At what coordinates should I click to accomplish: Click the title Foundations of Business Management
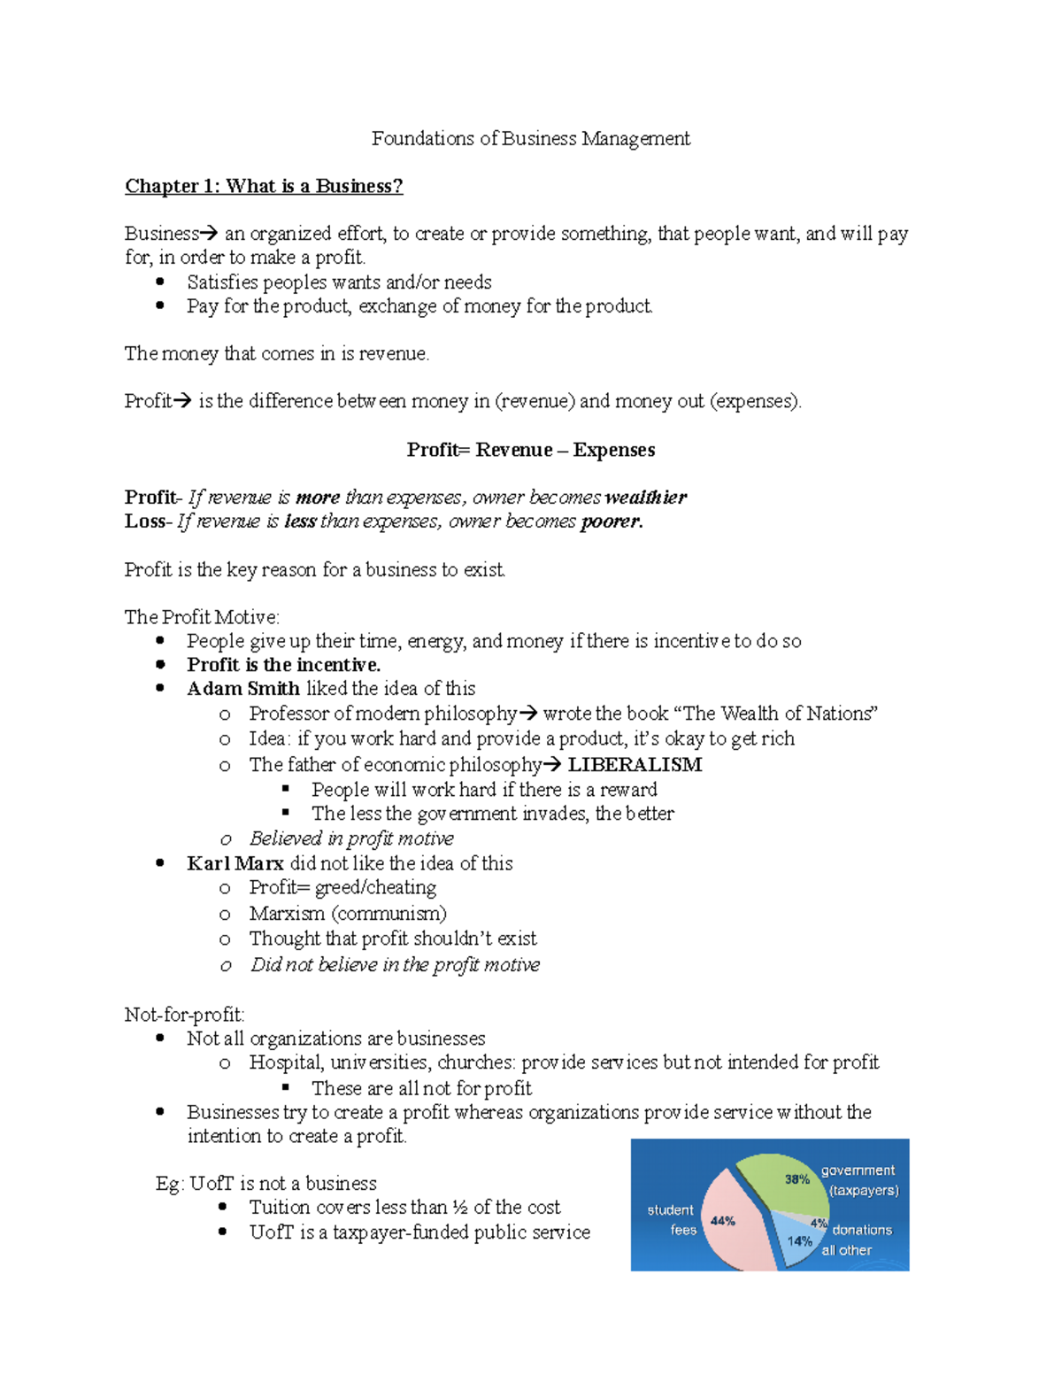click(530, 139)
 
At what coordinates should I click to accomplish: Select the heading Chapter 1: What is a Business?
click(264, 186)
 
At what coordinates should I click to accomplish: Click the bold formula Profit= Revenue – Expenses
click(530, 450)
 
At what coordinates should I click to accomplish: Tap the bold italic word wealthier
click(645, 498)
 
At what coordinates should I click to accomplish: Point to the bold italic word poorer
click(611, 521)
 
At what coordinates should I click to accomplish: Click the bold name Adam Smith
click(243, 689)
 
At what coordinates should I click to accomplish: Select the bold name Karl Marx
click(235, 863)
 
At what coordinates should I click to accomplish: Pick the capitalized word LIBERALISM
click(635, 765)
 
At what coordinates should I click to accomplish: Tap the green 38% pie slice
click(783, 1182)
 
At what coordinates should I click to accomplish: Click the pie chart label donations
click(861, 1230)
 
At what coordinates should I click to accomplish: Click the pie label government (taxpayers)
click(859, 1180)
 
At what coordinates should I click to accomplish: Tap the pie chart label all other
click(847, 1250)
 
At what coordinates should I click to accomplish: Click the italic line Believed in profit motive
click(351, 838)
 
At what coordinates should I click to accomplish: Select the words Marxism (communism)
click(348, 914)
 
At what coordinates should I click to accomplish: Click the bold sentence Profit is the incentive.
click(283, 665)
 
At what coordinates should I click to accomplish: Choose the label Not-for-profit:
click(184, 1015)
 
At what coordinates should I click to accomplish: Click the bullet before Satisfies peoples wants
click(160, 282)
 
